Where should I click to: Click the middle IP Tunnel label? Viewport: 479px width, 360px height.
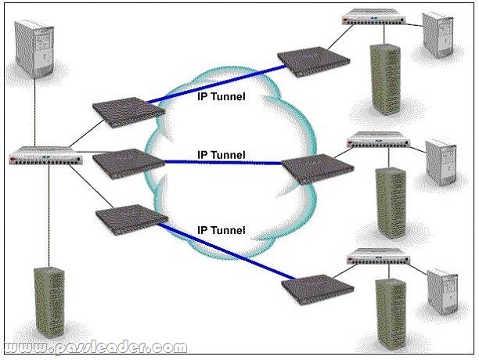pos(221,155)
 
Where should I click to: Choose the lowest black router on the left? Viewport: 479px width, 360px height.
pos(127,218)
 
